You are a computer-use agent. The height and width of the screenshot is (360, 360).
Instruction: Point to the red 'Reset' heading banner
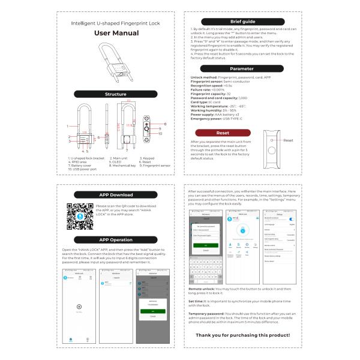point(223,132)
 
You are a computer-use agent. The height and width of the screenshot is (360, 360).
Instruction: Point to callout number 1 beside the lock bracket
point(68,126)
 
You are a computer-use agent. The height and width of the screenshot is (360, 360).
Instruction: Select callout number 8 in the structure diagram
point(164,124)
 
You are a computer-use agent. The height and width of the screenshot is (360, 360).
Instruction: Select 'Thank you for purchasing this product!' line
point(242,334)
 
